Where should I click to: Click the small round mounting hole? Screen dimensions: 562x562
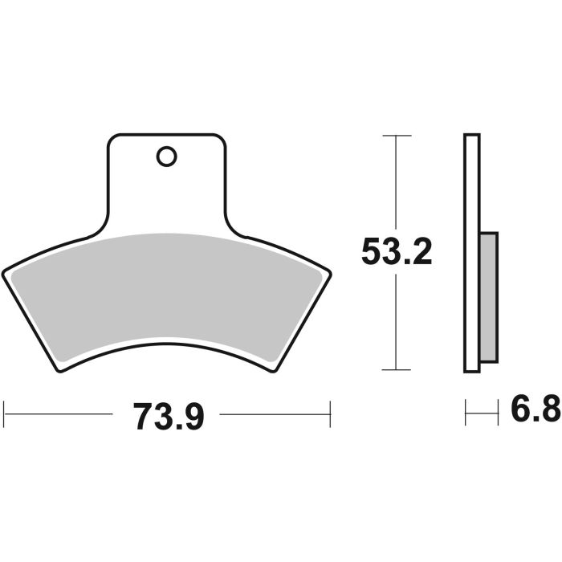click(167, 157)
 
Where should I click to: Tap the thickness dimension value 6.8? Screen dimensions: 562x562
click(535, 413)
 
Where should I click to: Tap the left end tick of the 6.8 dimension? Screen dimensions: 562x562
click(466, 414)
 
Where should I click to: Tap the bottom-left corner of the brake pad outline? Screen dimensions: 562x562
click(63, 371)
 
